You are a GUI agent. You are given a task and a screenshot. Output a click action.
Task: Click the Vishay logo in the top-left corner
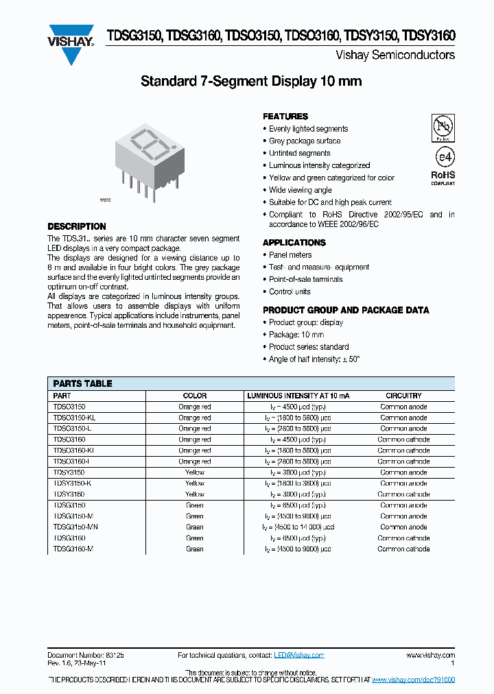[x=70, y=45]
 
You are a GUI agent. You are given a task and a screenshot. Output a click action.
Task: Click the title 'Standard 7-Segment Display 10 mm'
[x=250, y=82]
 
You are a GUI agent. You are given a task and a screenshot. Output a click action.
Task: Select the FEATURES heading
[x=285, y=117]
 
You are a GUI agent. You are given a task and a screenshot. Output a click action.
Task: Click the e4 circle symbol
[x=443, y=157]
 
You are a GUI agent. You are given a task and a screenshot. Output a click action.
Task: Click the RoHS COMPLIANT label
[x=443, y=178]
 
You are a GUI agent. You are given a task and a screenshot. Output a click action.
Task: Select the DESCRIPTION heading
[x=77, y=226]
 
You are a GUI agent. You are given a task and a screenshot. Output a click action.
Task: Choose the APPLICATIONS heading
[x=294, y=243]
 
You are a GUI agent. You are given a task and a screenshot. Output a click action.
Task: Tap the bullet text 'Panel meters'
[x=290, y=255]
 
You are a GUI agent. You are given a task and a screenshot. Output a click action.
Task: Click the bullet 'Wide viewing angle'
[x=300, y=190]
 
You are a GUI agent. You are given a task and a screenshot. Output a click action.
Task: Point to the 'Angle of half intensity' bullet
[x=314, y=359]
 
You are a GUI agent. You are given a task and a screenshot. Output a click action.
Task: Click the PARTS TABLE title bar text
[x=82, y=383]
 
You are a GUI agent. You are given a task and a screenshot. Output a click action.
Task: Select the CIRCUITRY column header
[x=403, y=396]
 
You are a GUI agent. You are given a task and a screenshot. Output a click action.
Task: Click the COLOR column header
[x=194, y=396]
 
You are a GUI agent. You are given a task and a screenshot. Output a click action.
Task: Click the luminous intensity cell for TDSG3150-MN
[x=298, y=527]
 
